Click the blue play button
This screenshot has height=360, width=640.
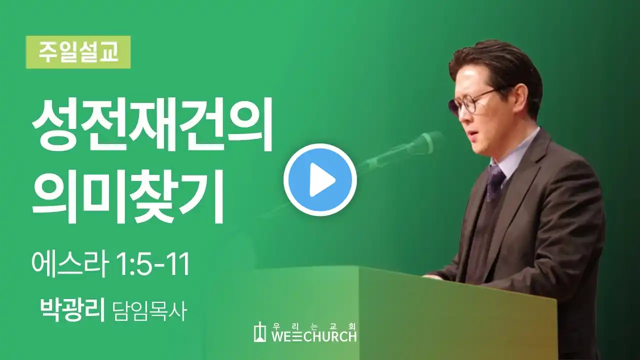coord(320,179)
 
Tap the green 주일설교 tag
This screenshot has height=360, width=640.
coord(78,52)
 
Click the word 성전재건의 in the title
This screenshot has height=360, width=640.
coord(151,125)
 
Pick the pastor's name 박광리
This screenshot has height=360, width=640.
coord(73,310)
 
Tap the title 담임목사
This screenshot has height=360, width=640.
coord(150,311)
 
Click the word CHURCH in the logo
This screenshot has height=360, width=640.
coord(329,336)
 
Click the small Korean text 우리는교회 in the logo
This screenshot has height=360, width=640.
coord(313,325)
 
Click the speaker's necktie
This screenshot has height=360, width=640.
coord(494,182)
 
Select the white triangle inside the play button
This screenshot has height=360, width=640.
coord(322,180)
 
